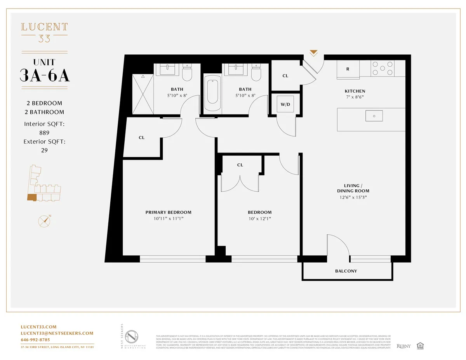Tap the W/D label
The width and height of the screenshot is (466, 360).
tap(285, 104)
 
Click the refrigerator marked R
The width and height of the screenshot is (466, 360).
tap(348, 69)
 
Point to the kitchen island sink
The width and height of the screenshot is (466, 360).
tap(374, 116)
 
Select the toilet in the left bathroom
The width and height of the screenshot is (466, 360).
tap(188, 73)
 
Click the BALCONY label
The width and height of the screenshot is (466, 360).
tap(346, 271)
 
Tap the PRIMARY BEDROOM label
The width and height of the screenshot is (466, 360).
tap(168, 212)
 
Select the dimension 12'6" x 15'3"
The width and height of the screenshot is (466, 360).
tap(353, 197)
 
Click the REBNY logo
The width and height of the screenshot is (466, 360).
tap(403, 346)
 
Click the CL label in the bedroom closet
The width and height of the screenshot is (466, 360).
tap(240, 165)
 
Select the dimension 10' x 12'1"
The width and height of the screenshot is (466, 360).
tap(259, 219)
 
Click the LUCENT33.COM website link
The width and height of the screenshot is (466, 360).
tap(38, 327)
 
